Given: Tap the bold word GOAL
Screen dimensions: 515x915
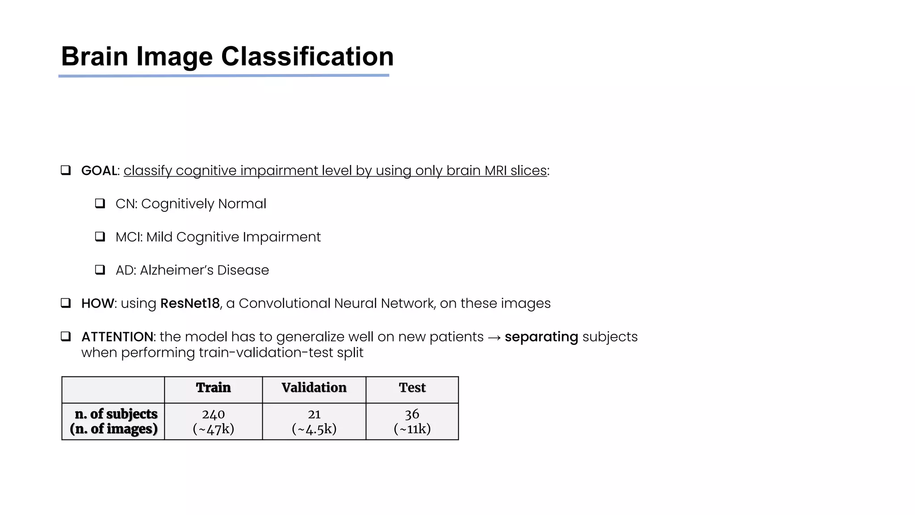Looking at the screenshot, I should click(x=99, y=170).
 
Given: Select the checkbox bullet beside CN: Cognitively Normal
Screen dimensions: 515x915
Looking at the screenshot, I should click(x=100, y=203).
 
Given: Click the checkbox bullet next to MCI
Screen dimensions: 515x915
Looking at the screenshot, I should click(x=100, y=236).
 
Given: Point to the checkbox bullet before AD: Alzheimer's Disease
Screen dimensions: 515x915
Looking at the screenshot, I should click(x=100, y=270).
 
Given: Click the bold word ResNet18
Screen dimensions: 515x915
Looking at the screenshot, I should click(x=190, y=303).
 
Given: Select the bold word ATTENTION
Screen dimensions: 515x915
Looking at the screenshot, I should click(x=118, y=337).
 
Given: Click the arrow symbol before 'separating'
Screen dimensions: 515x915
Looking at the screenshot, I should click(x=494, y=337).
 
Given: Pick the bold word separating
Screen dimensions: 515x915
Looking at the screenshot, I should click(x=541, y=337).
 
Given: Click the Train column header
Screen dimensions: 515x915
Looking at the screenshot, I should click(x=213, y=388).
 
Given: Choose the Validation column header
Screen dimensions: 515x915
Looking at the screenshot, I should click(x=314, y=388).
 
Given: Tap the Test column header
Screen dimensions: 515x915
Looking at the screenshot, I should click(x=412, y=388).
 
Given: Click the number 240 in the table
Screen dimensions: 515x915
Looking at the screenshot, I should click(x=213, y=414).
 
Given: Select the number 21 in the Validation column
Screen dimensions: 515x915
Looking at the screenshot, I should click(x=314, y=414).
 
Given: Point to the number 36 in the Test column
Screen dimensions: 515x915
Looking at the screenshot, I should click(x=412, y=414).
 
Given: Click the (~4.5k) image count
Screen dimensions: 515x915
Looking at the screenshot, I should click(x=314, y=429).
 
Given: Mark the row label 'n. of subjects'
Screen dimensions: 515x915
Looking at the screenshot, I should click(x=116, y=414).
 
